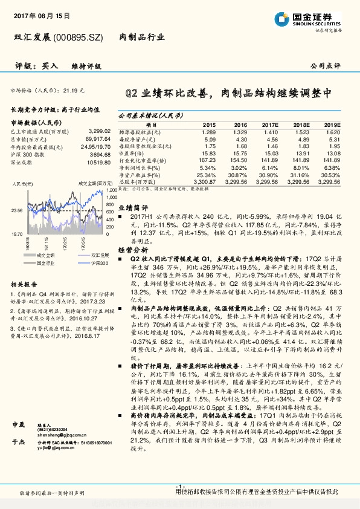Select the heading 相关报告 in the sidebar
[24, 284]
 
